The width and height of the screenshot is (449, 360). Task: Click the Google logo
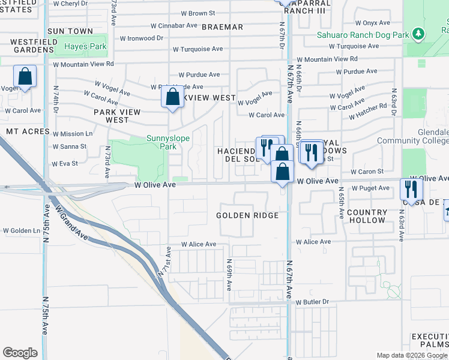tap(20, 353)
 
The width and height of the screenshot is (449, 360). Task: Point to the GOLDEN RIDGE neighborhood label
tap(247, 215)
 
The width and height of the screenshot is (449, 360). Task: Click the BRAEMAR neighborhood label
tap(223, 27)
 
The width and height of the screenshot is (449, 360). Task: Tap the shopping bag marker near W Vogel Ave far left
tap(25, 76)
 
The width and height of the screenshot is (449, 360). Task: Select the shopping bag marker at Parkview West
tap(172, 97)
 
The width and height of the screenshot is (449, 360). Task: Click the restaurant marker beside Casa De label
tap(412, 189)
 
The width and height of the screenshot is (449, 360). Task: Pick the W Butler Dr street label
tap(313, 302)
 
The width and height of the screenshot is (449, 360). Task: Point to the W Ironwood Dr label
tap(142, 38)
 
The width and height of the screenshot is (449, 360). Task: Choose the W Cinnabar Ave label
tap(174, 26)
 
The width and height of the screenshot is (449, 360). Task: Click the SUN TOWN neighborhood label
tap(70, 31)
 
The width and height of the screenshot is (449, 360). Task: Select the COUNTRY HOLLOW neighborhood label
tap(367, 216)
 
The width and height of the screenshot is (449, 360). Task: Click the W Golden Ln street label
tap(21, 230)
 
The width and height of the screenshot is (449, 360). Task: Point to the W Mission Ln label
tap(73, 134)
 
